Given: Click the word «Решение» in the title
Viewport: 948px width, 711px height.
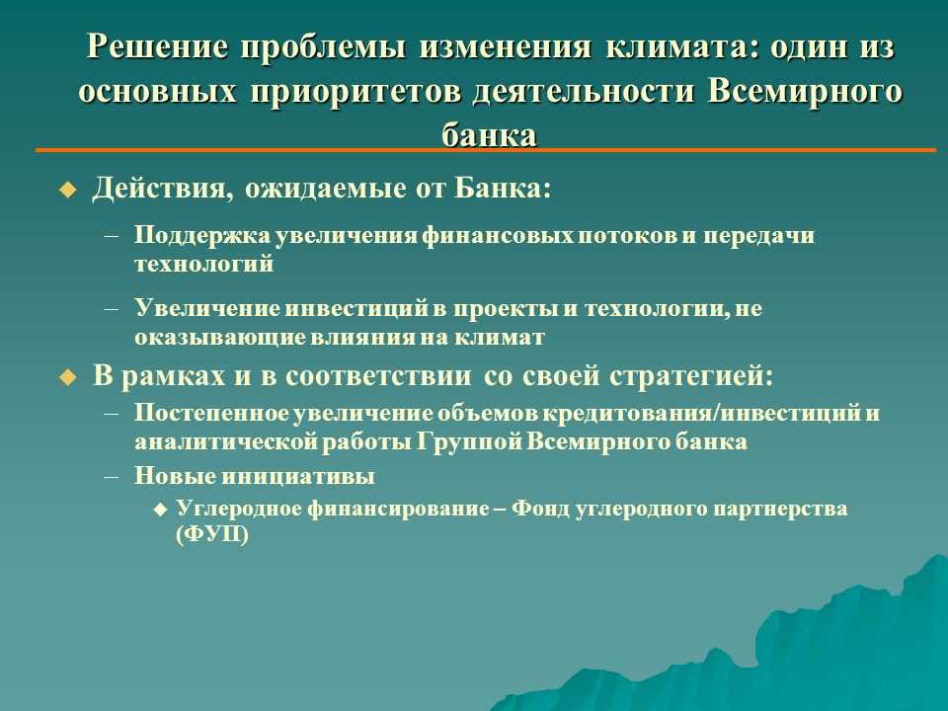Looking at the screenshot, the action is [x=158, y=46].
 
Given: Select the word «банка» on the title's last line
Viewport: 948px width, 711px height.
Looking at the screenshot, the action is [x=489, y=134].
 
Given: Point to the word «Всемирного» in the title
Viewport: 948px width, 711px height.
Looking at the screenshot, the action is [x=805, y=91].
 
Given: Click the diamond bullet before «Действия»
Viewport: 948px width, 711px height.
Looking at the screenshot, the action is [x=68, y=191].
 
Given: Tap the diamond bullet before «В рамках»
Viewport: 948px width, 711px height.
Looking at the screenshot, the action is [x=68, y=378].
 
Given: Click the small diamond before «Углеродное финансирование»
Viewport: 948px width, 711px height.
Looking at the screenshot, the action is [x=160, y=510].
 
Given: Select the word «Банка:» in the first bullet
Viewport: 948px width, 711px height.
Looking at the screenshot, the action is [x=503, y=188].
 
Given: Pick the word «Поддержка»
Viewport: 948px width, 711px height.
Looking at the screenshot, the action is [x=202, y=235].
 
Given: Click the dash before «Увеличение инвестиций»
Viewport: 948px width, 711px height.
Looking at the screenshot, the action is [x=112, y=308].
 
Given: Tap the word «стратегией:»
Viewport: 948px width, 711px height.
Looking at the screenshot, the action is [x=691, y=376].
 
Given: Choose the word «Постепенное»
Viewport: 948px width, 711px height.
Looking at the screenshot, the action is [x=211, y=413].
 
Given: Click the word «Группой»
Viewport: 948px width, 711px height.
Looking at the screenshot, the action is [x=468, y=441].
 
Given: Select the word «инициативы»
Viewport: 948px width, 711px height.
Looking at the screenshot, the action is [x=297, y=476].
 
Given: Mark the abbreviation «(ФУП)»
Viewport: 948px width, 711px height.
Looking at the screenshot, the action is [x=212, y=535].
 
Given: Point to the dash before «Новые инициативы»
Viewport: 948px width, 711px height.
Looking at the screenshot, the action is [x=112, y=476].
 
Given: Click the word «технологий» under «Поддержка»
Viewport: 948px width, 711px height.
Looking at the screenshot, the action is [x=203, y=265].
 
